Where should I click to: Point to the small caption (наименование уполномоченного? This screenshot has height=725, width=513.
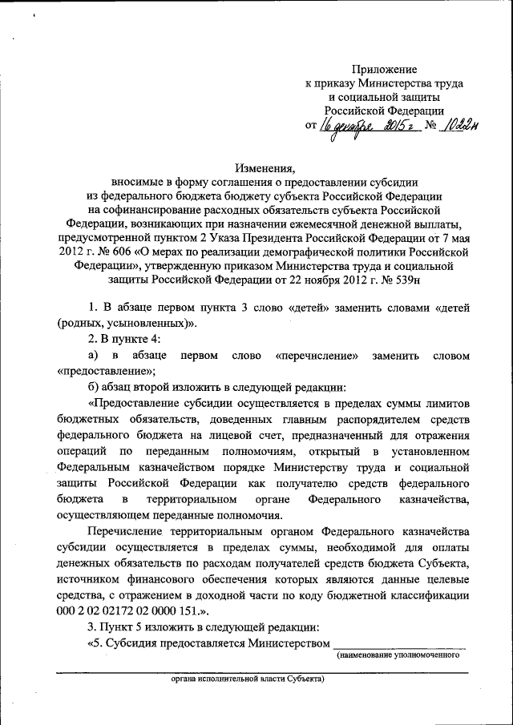(x=398, y=655)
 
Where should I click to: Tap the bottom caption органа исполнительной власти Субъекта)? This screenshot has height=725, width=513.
(x=247, y=678)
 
